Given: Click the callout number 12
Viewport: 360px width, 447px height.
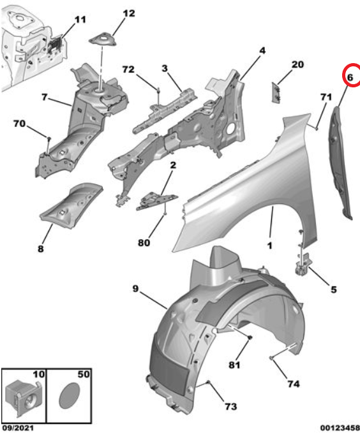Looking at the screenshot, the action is tap(129, 13).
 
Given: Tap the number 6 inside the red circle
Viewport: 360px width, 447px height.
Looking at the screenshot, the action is tap(350, 77).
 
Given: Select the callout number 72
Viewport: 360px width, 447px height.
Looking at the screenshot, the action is tap(128, 70).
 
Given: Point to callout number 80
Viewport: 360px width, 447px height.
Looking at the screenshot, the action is tap(144, 242).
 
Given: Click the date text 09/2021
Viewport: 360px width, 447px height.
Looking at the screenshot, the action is tap(18, 428).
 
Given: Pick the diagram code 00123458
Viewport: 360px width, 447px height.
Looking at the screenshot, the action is tap(340, 428).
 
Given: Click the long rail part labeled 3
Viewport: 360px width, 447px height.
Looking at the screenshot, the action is tap(164, 110).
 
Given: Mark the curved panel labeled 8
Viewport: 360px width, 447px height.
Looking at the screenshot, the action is tap(71, 205).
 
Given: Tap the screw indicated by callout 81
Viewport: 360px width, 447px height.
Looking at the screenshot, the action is tap(250, 337).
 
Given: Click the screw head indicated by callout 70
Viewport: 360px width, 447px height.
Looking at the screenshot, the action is tap(49, 138).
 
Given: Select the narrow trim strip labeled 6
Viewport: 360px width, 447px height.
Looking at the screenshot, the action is tap(340, 163).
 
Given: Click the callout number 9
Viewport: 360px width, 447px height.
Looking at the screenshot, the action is tap(135, 288).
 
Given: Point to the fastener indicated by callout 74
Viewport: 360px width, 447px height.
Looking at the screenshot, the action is tap(271, 358).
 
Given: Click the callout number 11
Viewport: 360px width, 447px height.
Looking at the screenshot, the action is tap(80, 20).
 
